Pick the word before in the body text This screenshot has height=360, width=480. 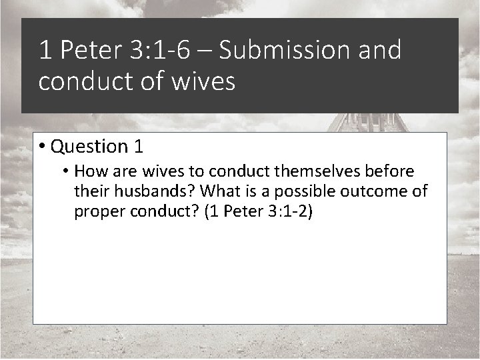pyautogui.click(x=391, y=173)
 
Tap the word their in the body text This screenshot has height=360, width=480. pyautogui.click(x=93, y=193)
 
